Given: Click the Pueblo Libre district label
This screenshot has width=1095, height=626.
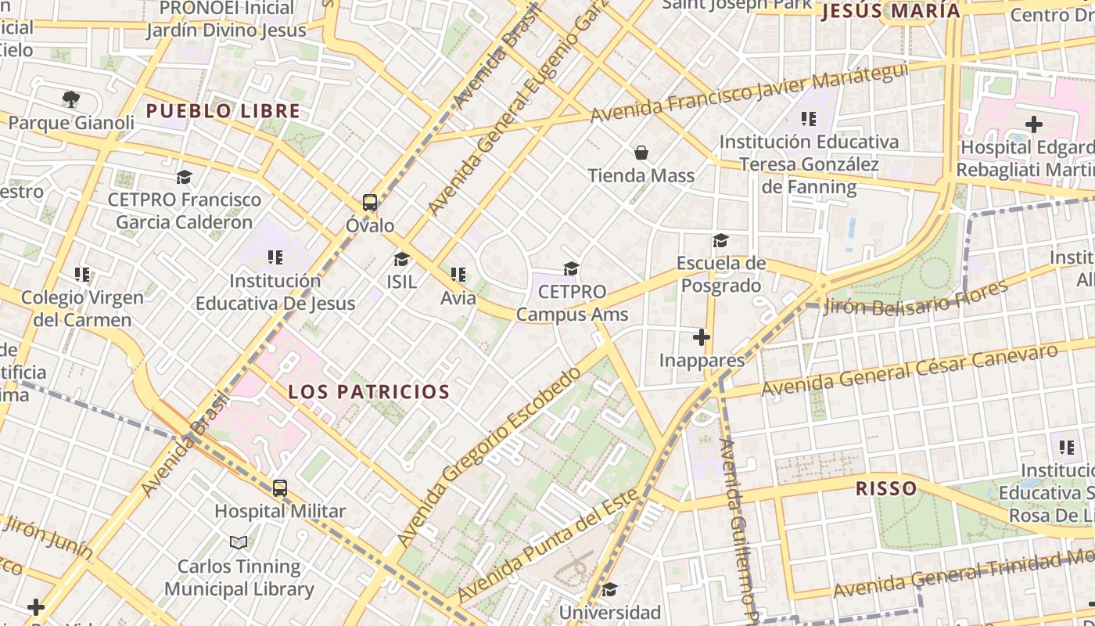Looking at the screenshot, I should (223, 111).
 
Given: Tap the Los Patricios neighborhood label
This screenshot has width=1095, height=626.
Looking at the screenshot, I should (369, 392).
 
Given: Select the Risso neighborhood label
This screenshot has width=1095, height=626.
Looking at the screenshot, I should (886, 489).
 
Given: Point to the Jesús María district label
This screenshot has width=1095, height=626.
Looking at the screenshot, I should (890, 11).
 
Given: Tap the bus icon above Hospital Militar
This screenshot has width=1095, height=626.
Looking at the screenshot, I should (280, 488).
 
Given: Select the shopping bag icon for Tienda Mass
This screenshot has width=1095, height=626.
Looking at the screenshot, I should (641, 153).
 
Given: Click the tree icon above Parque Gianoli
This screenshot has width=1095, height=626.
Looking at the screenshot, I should (71, 99).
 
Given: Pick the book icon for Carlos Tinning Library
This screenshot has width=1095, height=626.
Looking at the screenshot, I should (239, 542).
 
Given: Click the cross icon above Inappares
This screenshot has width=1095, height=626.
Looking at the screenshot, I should (702, 337).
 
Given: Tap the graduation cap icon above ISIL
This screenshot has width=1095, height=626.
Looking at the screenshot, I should (401, 259).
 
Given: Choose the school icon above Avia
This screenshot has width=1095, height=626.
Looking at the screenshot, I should (458, 275).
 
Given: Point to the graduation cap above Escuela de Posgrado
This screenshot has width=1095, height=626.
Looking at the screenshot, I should (720, 240).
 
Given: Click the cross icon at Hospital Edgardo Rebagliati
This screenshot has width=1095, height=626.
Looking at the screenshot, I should (1034, 124).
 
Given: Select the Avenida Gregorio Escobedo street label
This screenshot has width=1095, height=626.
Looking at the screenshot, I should (489, 458).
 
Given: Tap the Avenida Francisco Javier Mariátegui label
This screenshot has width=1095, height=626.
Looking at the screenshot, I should (749, 92).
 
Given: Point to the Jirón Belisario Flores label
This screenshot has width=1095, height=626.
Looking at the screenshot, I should (917, 298).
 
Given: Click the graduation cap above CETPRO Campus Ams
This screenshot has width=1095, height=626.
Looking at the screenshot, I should (572, 269).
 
